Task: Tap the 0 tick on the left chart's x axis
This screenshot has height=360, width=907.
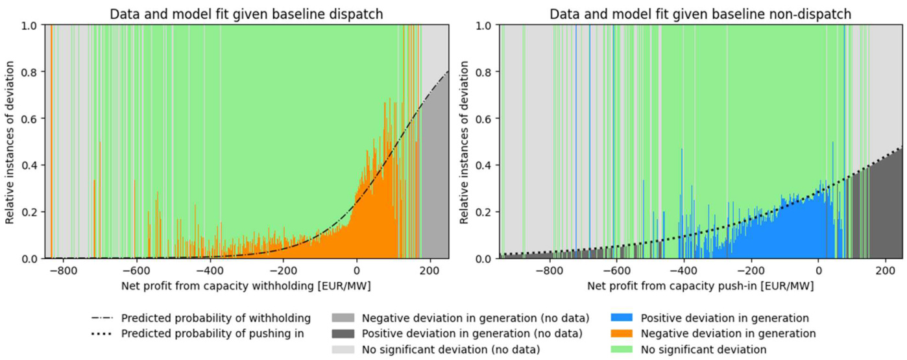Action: point(356,270)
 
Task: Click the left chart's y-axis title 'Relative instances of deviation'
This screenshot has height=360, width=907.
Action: point(10,141)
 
